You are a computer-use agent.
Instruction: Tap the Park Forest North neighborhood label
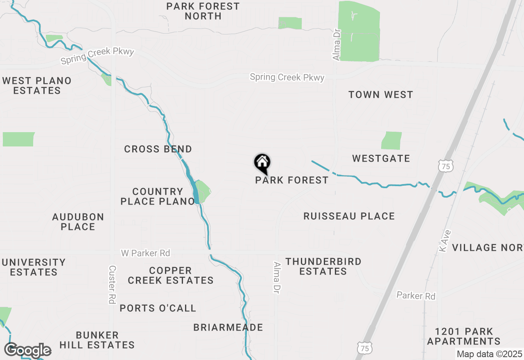203,11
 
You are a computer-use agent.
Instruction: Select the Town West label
381,95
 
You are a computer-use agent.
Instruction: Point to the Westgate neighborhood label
381,159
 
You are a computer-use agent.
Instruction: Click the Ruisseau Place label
349,216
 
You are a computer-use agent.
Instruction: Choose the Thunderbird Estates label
323,266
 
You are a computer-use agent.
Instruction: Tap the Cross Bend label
158,149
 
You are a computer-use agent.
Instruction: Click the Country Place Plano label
158,196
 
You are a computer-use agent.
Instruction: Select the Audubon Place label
78,222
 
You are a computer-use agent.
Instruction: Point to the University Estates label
34,267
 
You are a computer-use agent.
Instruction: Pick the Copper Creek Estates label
171,275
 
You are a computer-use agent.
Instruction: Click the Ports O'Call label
158,308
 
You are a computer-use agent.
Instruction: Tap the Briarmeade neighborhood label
228,328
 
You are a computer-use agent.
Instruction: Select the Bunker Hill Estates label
97,340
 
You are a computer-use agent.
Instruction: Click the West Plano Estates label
37,85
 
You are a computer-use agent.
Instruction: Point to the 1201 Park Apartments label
463,336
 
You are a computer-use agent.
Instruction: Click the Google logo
27,350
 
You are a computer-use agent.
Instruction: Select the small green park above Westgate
392,141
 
